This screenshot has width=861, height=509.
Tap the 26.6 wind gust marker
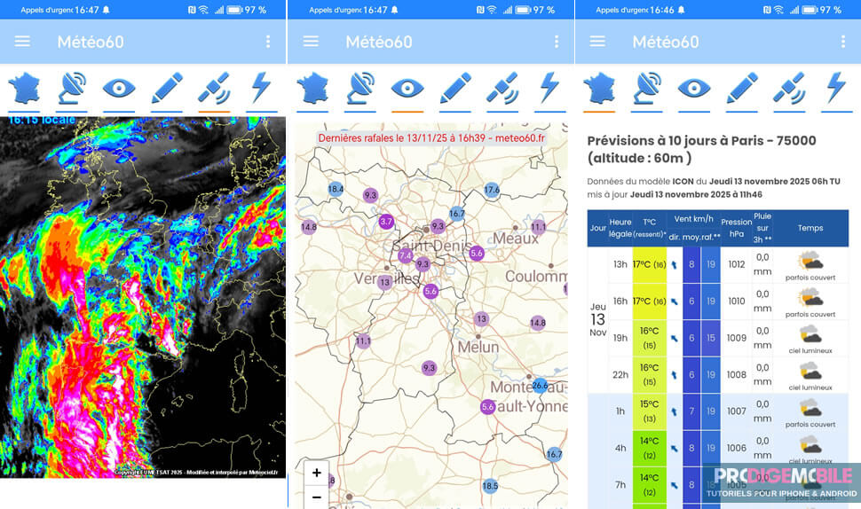540,385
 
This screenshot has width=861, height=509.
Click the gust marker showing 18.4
336,189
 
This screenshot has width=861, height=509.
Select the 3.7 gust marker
386,221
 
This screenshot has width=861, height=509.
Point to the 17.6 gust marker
493,190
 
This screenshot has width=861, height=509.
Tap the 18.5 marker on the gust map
490,485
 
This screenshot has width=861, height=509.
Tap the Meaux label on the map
516,238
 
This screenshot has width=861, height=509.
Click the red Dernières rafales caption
431,138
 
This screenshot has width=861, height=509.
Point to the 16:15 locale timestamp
42,120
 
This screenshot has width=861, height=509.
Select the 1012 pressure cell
736,264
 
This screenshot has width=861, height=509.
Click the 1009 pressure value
736,338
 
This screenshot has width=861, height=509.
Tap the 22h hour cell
620,375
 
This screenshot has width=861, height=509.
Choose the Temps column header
810,228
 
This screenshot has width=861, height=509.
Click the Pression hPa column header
736,228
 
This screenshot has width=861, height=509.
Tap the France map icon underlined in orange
599,90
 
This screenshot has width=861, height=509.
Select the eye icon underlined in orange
407,90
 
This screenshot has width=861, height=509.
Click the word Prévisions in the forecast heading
628,141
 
